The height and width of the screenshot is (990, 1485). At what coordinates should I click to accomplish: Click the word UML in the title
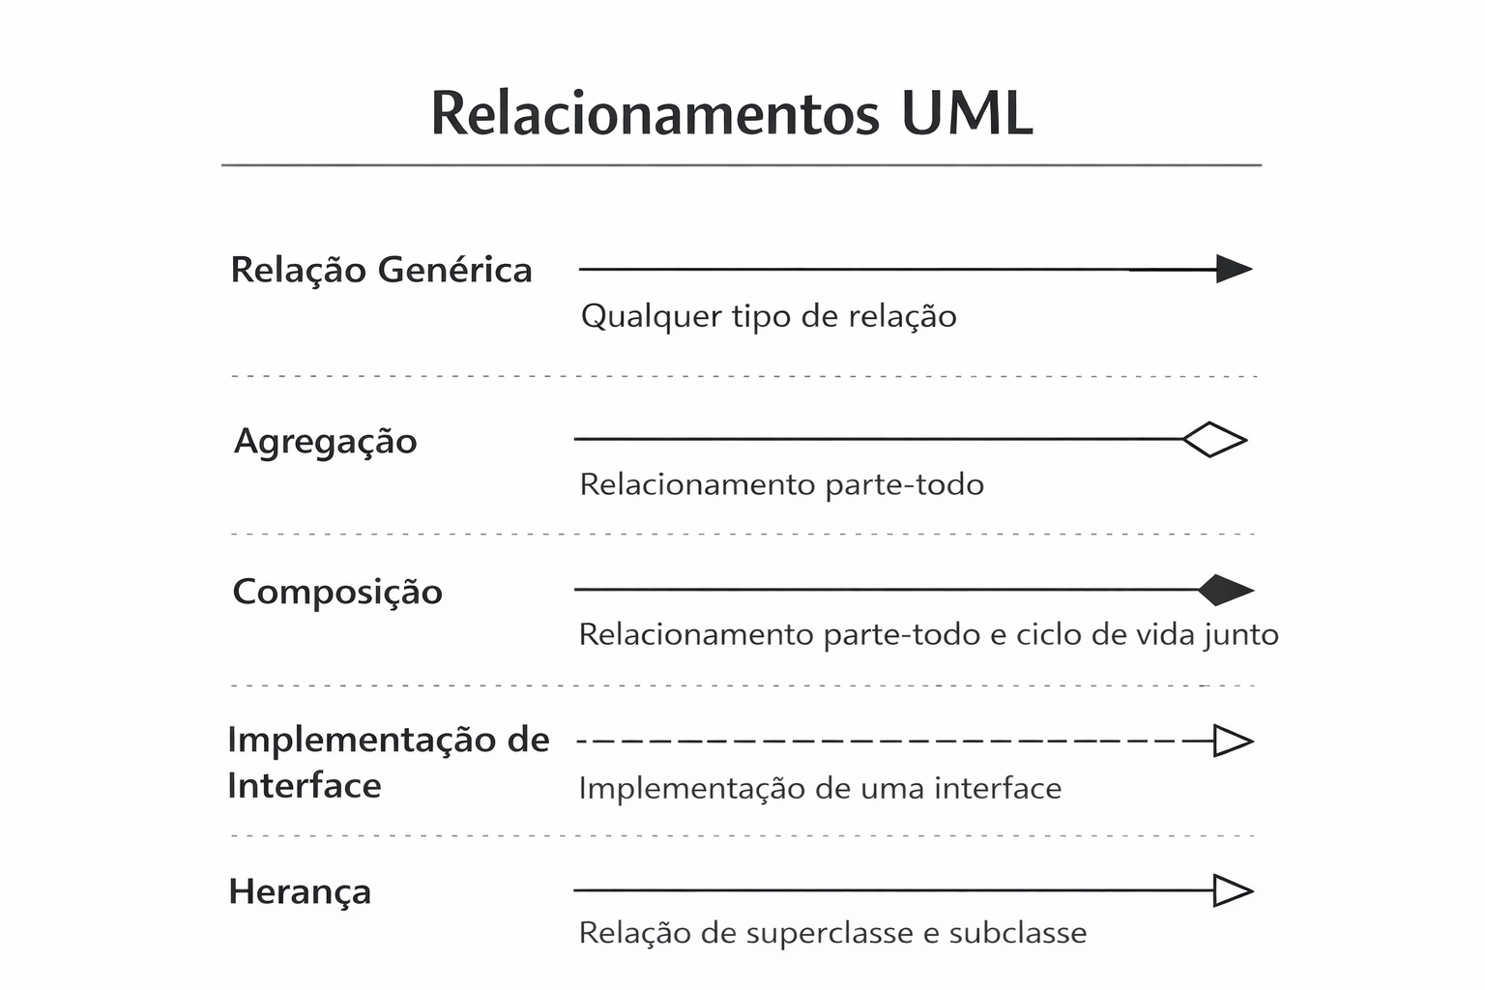pos(967,113)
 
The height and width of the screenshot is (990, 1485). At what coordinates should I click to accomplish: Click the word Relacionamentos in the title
pos(655,113)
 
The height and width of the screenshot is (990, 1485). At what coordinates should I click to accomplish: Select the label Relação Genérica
pos(381,270)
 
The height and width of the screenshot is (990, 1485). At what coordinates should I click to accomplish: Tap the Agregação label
pos(326,441)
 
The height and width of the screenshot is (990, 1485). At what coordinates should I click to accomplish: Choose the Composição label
pos(337,592)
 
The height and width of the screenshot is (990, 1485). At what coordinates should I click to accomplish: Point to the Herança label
pos(300,891)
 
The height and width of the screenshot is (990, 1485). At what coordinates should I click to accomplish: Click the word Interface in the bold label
pos(304,786)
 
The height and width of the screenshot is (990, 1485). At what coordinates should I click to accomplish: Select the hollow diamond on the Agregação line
pos(1214,440)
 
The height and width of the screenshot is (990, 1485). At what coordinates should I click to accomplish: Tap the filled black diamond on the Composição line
pos(1225,590)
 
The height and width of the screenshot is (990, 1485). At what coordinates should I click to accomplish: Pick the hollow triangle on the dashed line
pos(1232,742)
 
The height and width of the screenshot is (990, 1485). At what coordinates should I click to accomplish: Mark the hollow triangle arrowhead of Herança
pos(1232,890)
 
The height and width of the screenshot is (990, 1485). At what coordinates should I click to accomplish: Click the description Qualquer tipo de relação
pos(769,316)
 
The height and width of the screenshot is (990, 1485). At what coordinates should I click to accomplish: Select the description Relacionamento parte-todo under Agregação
pos(781,483)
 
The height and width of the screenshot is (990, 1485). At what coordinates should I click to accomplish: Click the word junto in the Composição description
pos(1241,635)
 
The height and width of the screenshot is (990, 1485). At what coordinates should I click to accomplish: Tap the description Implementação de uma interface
pos(820,788)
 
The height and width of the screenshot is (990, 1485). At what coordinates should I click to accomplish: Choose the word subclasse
pos(1017,933)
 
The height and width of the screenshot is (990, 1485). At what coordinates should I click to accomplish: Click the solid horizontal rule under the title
pos(741,165)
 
